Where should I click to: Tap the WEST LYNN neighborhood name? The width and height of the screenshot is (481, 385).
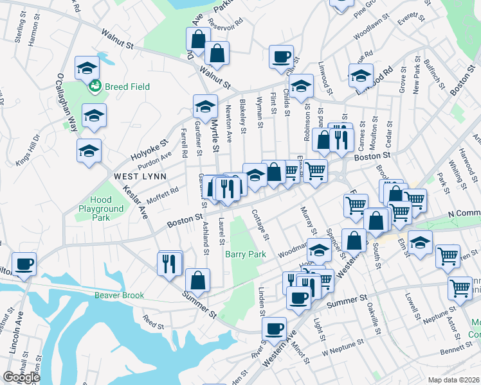pos(140,176)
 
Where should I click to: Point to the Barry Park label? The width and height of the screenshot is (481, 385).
pos(245,255)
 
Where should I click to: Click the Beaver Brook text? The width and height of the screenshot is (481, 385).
pos(120,296)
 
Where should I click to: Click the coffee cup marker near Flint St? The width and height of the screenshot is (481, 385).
pos(281,56)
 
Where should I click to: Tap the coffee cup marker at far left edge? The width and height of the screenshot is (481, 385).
pos(24,264)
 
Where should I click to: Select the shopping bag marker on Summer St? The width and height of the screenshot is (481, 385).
pos(197,280)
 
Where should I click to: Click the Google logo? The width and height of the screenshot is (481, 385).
pos(21,377)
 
